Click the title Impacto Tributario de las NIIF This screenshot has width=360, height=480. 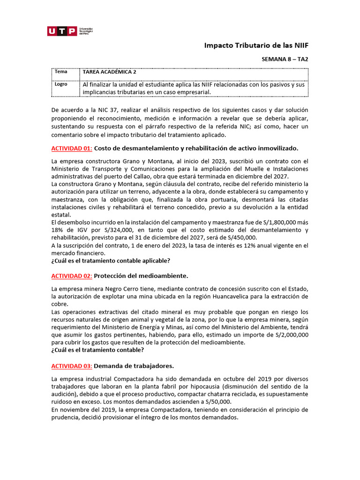(257, 45)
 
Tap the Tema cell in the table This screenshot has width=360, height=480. (61, 72)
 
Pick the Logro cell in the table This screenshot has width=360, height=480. (61, 84)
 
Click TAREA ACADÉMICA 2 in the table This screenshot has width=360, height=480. (110, 72)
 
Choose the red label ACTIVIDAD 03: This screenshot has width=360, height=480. (72, 366)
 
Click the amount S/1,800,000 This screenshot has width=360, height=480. (280, 222)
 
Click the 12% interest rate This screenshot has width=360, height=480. (222, 246)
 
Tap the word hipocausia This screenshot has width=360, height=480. (204, 387)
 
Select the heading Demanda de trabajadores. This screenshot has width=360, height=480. (134, 366)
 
